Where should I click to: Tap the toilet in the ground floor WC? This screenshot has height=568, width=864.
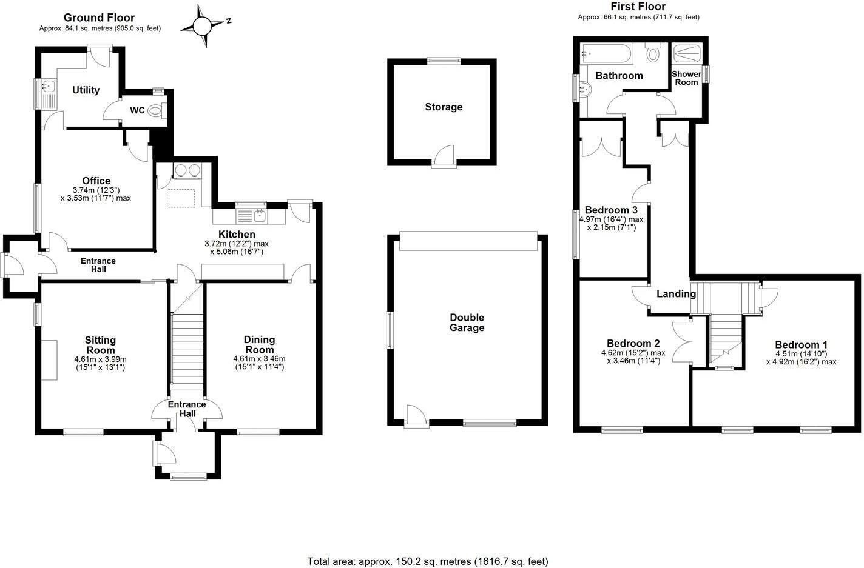[156, 110]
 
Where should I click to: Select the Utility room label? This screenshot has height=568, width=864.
[86, 90]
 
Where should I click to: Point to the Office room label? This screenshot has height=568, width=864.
[96, 181]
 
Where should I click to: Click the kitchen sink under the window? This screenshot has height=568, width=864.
[259, 214]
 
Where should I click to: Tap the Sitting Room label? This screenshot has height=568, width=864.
[100, 345]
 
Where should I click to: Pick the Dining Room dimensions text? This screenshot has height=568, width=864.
[259, 363]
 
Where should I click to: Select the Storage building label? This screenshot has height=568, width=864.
[444, 107]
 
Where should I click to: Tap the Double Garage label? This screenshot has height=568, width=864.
[467, 322]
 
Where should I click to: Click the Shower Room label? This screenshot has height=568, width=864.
[686, 78]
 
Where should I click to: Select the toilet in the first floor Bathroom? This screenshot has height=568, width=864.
[653, 54]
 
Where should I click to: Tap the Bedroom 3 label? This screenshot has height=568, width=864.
[610, 210]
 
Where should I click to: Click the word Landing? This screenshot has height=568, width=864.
[676, 294]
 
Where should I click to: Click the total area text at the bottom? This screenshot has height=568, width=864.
[428, 561]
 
